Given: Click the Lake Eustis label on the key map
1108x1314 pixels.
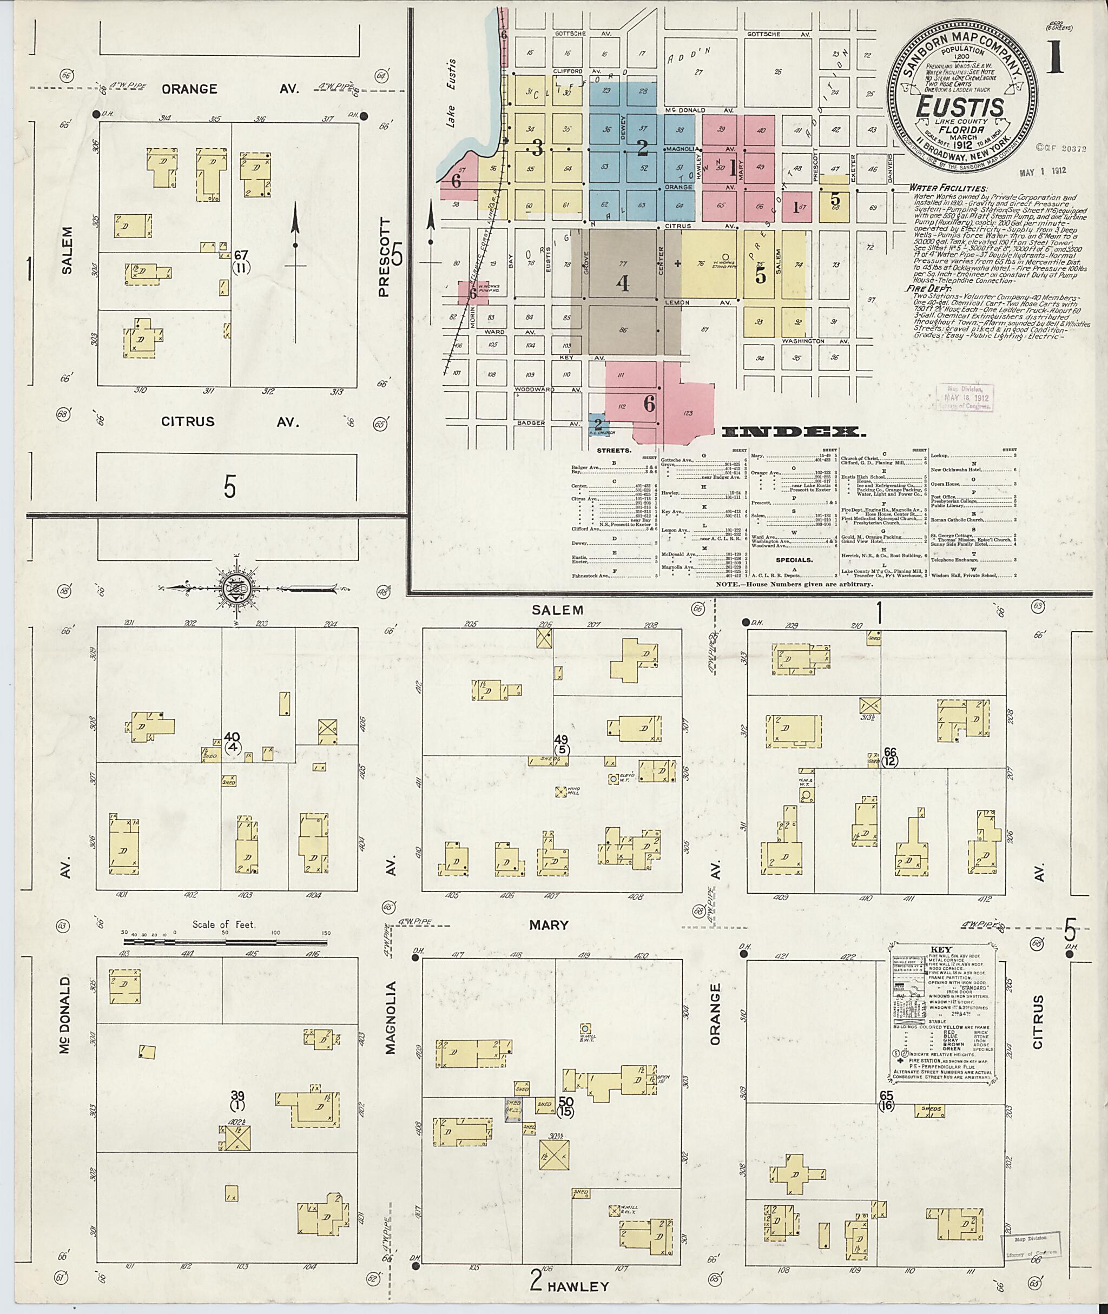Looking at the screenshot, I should point(451,94).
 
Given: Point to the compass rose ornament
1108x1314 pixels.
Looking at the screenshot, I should point(239,588).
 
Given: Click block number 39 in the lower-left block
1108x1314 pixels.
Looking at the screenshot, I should point(238,1095).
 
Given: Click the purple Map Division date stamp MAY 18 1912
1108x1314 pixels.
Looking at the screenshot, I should point(963,398).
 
